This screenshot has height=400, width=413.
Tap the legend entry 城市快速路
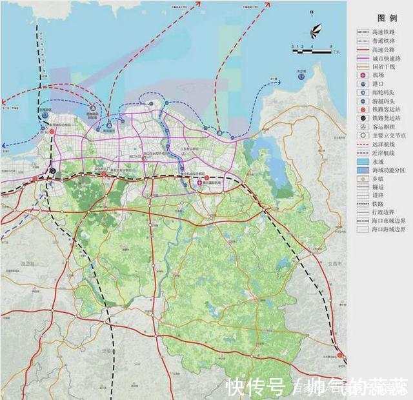tap(385, 58)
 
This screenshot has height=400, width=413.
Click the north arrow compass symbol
tap(314, 30)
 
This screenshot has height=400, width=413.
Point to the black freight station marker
tap(52, 172)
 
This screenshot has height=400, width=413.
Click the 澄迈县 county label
tap(45, 264)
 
